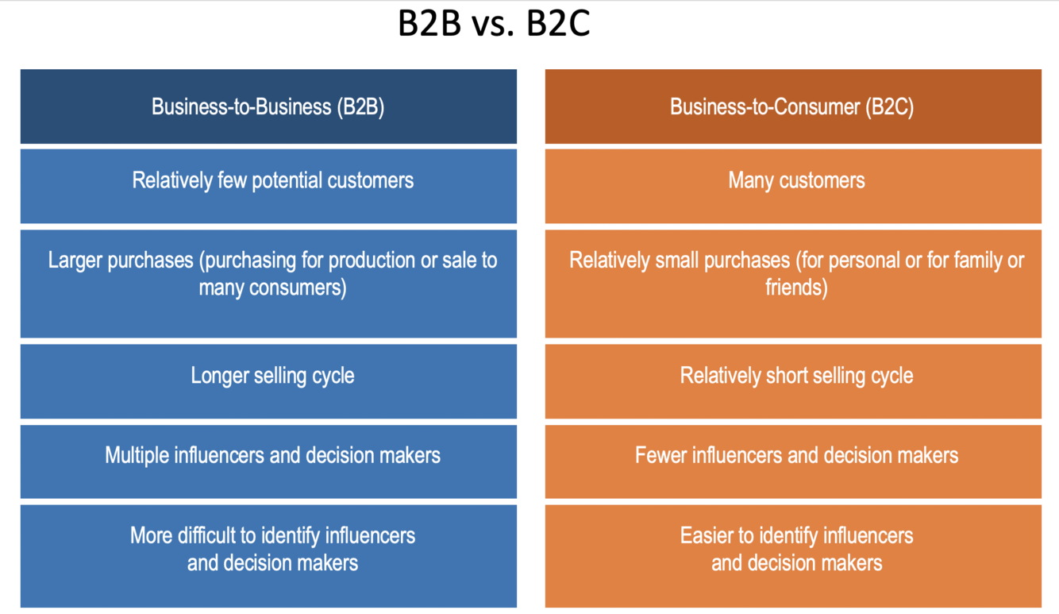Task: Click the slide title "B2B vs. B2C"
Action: pyautogui.click(x=493, y=25)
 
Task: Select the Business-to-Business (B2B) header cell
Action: pyautogui.click(x=268, y=106)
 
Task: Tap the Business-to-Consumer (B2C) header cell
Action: pyautogui.click(x=792, y=106)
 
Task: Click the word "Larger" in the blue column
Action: pyautogui.click(x=77, y=261)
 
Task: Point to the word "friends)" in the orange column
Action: pyautogui.click(x=796, y=288)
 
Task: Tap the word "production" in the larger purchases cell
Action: pyautogui.click(x=372, y=261)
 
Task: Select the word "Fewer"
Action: pyautogui.click(x=661, y=455)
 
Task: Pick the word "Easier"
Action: pyautogui.click(x=707, y=535)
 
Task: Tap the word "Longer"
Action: pyautogui.click(x=221, y=376)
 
